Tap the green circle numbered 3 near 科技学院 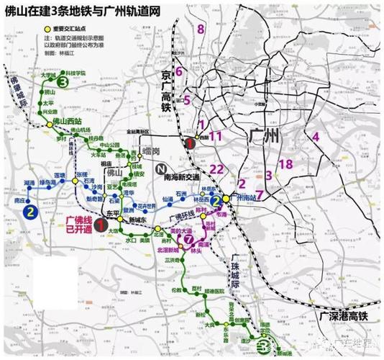point(63,84)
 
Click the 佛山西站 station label point(69,122)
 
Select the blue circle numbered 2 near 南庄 point(30,212)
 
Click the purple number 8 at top point(201,30)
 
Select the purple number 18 point(285,164)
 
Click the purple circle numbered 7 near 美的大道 point(188,240)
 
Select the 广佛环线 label point(181,215)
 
